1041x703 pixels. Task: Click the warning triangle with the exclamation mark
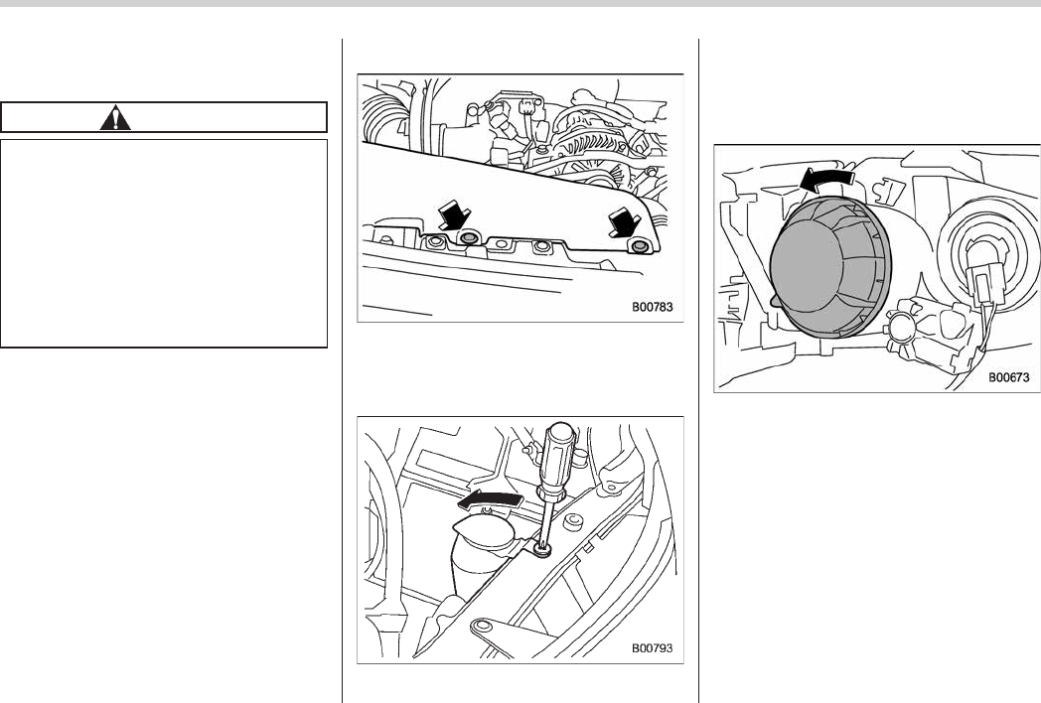[115, 117]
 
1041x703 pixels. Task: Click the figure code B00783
[652, 307]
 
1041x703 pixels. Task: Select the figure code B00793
[652, 648]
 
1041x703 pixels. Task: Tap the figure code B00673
[1008, 377]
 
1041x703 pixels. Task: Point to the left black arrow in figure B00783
[454, 217]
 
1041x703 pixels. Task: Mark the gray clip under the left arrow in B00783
[470, 237]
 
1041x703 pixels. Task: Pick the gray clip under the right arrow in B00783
[640, 247]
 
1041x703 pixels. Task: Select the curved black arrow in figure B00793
[490, 499]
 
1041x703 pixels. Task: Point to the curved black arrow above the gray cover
[827, 178]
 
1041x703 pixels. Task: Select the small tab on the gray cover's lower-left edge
[774, 302]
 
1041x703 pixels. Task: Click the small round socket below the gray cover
[900, 330]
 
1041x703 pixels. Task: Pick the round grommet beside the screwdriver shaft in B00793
[571, 522]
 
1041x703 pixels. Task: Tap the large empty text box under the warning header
[164, 243]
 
